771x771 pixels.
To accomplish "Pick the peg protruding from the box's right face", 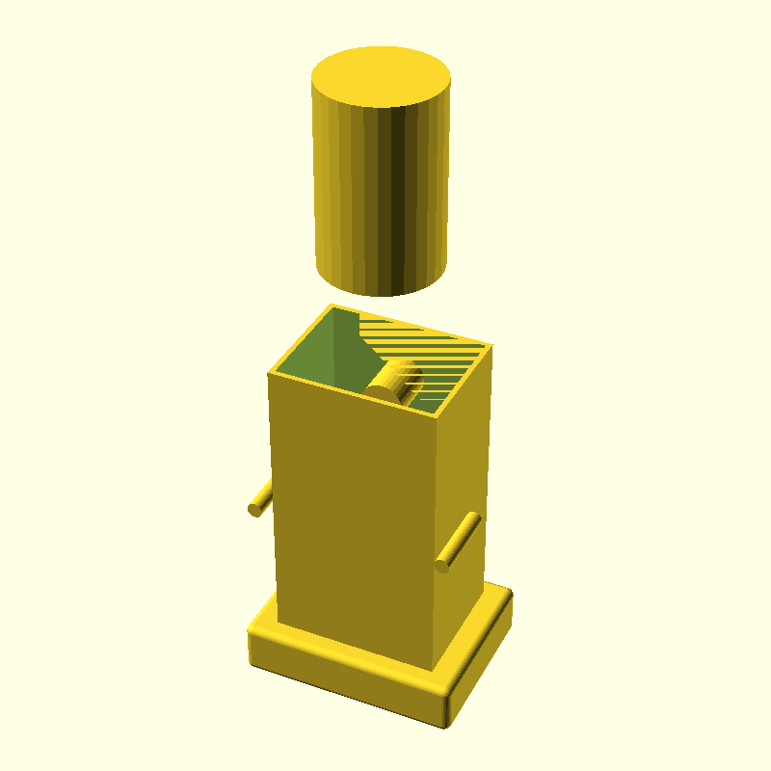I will tap(458, 542).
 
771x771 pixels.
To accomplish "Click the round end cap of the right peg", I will tap(442, 564).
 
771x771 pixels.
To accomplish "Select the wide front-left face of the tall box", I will tap(352, 520).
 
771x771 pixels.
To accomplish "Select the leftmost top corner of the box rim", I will tap(271, 372).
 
